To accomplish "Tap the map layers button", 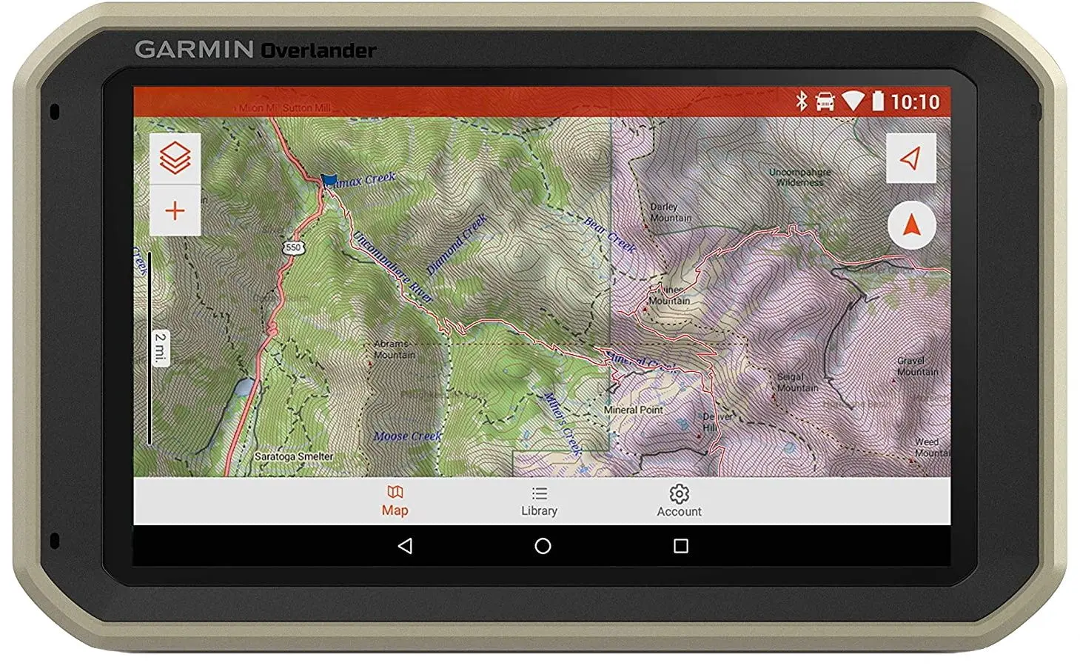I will click(x=175, y=158).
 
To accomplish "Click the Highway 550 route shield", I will click(x=294, y=247).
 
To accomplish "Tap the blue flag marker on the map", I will click(x=329, y=180).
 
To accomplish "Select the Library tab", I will click(x=539, y=502).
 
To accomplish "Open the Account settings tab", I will click(x=679, y=502).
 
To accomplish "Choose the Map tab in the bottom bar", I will click(x=395, y=502).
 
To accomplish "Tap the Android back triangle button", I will click(x=405, y=547).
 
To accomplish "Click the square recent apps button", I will click(x=681, y=547).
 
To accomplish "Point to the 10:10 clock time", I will click(x=915, y=102).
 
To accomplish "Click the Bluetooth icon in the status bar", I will click(x=801, y=101).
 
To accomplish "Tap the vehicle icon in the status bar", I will click(x=825, y=101).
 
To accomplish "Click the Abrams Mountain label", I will click(x=394, y=350).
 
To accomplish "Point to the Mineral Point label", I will click(x=634, y=410).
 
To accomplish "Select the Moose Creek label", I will click(x=408, y=436).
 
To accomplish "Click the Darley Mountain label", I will click(x=671, y=213).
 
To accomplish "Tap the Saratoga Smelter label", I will click(x=294, y=456).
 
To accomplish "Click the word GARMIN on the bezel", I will click(x=194, y=50).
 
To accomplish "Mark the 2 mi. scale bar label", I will click(x=161, y=347).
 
